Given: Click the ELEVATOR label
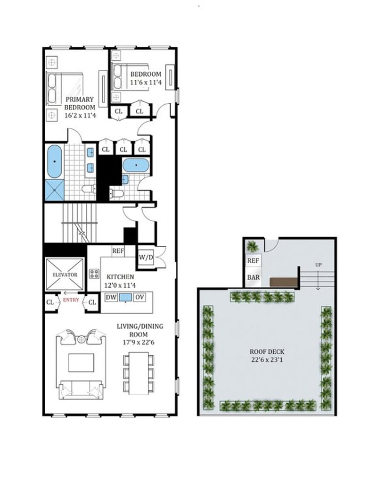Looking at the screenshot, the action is [65, 275].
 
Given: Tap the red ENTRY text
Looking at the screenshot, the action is [71, 300].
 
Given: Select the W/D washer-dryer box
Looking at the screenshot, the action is [146, 257].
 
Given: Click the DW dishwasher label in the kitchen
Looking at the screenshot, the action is [111, 297].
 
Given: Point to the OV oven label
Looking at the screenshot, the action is [139, 297].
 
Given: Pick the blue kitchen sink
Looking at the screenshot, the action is [125, 298].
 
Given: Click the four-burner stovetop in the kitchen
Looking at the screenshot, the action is [94, 273].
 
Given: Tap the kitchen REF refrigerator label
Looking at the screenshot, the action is [118, 251].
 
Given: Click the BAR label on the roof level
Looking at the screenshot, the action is [254, 277].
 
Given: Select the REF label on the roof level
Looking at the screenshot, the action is [253, 261].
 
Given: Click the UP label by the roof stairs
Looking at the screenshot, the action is [318, 265].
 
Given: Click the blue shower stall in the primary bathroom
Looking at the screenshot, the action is [55, 190].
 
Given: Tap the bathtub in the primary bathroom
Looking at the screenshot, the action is [55, 161].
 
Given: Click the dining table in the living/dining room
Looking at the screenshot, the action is [139, 373].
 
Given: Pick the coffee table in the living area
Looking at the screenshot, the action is [82, 363].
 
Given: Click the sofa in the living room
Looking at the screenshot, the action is [82, 390].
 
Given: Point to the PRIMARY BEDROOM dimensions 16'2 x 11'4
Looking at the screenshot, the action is [80, 116].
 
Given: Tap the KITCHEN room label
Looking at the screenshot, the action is [120, 277].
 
